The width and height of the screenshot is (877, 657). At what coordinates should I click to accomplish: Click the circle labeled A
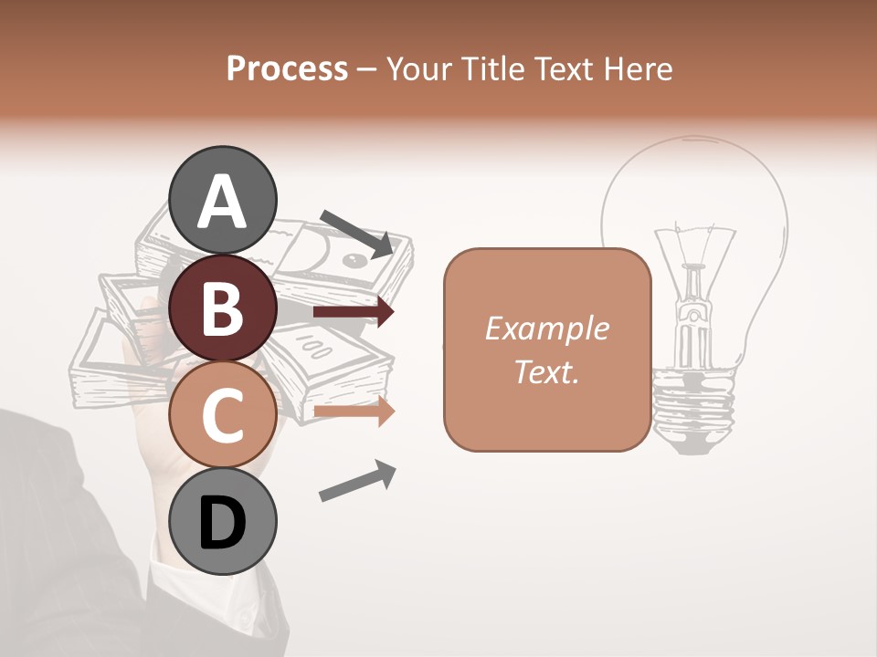[x=223, y=200]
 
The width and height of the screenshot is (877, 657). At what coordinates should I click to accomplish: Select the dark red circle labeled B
[x=223, y=307]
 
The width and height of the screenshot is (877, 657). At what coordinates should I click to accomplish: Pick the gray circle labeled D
[x=223, y=521]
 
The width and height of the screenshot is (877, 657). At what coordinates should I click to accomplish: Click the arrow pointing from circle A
[x=357, y=234]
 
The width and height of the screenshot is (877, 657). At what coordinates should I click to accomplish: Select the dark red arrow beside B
[x=354, y=313]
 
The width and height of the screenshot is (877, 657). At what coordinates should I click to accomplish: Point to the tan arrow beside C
[x=354, y=412]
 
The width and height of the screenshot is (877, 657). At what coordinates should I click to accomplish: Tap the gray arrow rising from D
[x=357, y=481]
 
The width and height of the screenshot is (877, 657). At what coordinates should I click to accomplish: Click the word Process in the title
[x=287, y=68]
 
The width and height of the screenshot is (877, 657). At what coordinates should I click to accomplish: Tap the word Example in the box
[x=547, y=328]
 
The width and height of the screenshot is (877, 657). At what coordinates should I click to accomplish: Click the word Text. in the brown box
[x=547, y=371]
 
